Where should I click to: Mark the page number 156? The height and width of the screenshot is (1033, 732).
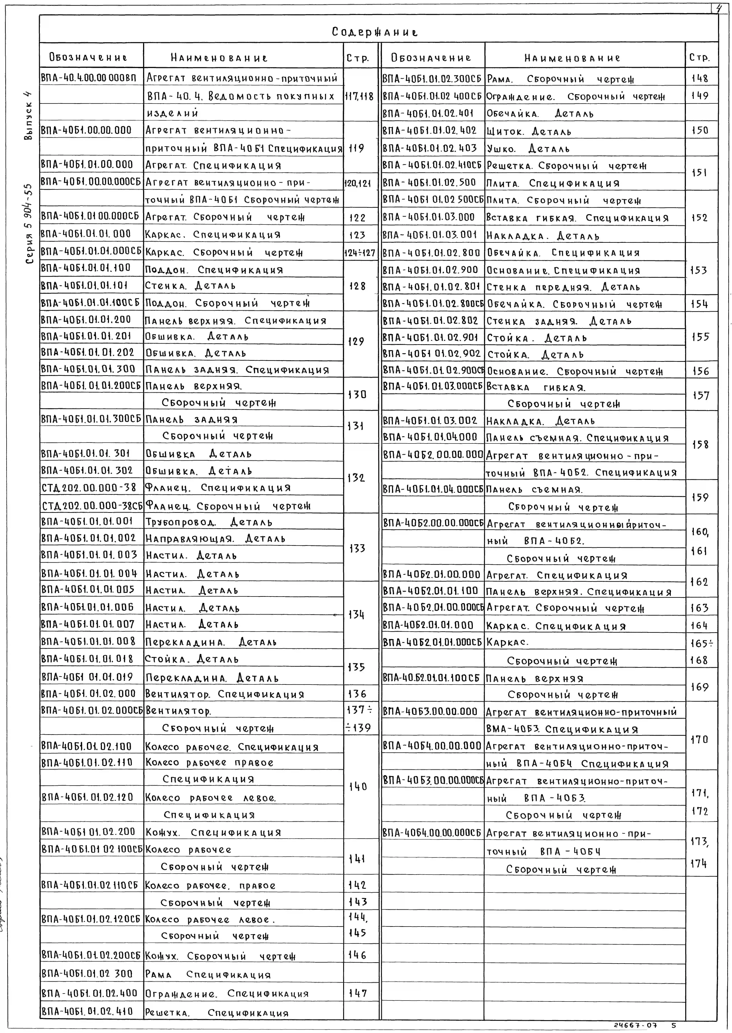tap(700, 371)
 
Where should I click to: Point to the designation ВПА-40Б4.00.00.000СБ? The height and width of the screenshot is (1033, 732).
tap(432, 832)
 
